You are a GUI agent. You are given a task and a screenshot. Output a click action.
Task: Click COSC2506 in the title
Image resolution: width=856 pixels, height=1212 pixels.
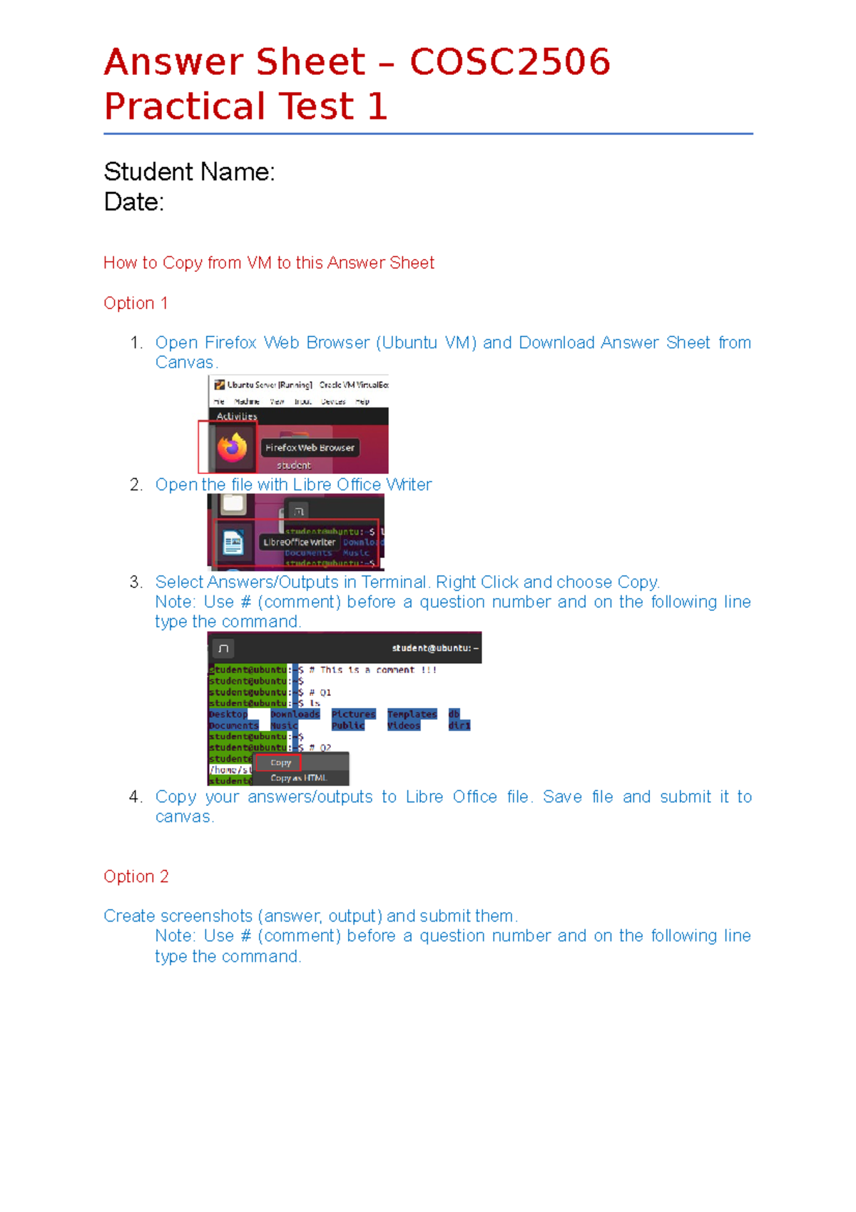pyautogui.click(x=509, y=61)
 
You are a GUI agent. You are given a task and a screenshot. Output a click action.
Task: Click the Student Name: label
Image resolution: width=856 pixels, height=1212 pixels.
pyautogui.click(x=189, y=172)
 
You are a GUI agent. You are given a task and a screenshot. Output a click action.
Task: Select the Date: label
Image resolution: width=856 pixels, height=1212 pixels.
pyautogui.click(x=133, y=202)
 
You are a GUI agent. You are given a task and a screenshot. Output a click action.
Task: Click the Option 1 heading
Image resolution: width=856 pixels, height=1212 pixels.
pyautogui.click(x=136, y=303)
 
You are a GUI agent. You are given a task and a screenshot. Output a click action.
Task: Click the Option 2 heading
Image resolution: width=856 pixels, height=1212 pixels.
pyautogui.click(x=136, y=877)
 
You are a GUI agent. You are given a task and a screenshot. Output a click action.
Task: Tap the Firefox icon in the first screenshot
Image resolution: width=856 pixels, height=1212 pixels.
pyautogui.click(x=232, y=448)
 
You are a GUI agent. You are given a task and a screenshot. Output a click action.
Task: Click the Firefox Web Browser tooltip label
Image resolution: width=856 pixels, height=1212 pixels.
pyautogui.click(x=310, y=448)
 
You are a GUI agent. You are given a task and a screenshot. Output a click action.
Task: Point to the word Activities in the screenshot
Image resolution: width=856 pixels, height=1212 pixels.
pyautogui.click(x=237, y=416)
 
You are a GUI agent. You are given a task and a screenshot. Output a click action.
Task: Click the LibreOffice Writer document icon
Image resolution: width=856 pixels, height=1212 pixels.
pyautogui.click(x=233, y=543)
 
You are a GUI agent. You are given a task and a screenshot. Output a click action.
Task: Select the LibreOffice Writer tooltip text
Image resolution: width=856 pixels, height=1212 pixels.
pyautogui.click(x=299, y=542)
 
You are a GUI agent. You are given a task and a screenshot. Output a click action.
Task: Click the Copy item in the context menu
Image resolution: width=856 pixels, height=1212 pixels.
pyautogui.click(x=280, y=763)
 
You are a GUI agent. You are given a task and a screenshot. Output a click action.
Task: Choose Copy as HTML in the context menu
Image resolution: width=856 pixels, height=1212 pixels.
pyautogui.click(x=298, y=778)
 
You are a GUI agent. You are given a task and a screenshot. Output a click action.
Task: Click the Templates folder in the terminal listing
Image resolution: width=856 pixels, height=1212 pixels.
pyautogui.click(x=412, y=714)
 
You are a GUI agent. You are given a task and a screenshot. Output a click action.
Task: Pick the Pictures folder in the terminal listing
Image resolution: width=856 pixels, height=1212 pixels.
pyautogui.click(x=353, y=714)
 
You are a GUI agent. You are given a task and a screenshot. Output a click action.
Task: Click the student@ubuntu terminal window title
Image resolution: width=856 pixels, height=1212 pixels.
pyautogui.click(x=434, y=648)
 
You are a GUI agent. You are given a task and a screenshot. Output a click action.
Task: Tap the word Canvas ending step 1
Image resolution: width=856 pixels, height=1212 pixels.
pyautogui.click(x=184, y=363)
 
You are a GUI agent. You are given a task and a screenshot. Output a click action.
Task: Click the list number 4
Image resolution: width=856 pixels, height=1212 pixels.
pyautogui.click(x=136, y=797)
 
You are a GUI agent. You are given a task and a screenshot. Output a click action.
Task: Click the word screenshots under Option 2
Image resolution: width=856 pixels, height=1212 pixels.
pyautogui.click(x=207, y=916)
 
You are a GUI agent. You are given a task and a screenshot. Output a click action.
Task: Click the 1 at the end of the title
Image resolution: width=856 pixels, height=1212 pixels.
pyautogui.click(x=377, y=106)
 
